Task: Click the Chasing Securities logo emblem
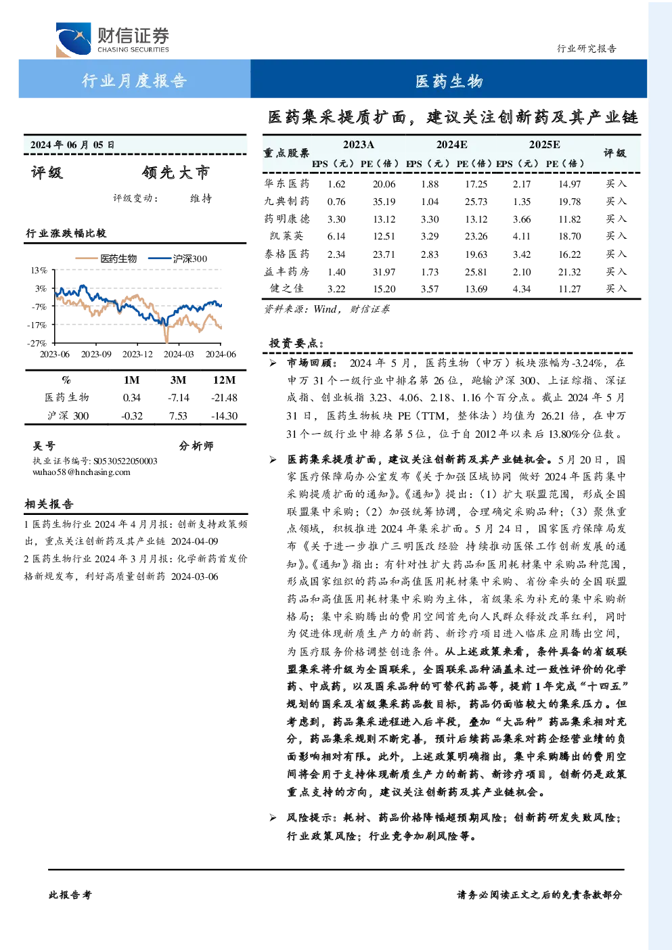(x=73, y=39)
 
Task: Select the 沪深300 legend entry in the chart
(x=177, y=258)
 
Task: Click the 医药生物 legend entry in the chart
(x=106, y=258)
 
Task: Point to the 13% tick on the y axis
(x=39, y=270)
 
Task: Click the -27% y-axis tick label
(x=37, y=342)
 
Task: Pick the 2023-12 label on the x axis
(x=137, y=354)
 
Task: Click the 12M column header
(x=225, y=380)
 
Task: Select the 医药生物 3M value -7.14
(x=178, y=398)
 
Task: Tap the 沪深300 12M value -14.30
(x=225, y=416)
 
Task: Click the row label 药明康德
(x=287, y=219)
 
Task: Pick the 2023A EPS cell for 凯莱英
(x=336, y=236)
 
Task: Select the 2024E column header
(x=452, y=145)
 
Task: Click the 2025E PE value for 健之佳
(x=569, y=289)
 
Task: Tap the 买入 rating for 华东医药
(x=616, y=183)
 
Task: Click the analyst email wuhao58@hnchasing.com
(x=81, y=472)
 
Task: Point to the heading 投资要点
(x=296, y=343)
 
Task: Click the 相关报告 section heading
(x=49, y=504)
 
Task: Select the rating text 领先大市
(x=176, y=173)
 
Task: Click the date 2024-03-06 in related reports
(x=195, y=576)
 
